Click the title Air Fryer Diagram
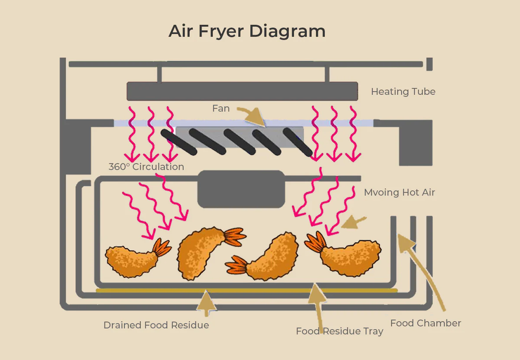247,32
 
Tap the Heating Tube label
403,92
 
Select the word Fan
221,108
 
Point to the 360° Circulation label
146,167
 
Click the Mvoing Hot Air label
399,192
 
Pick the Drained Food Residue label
156,325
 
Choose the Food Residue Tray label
339,331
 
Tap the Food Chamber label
426,323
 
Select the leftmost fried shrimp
132,259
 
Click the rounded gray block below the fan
241,189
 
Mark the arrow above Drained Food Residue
207,303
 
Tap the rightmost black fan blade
298,142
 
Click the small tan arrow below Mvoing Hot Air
354,223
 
